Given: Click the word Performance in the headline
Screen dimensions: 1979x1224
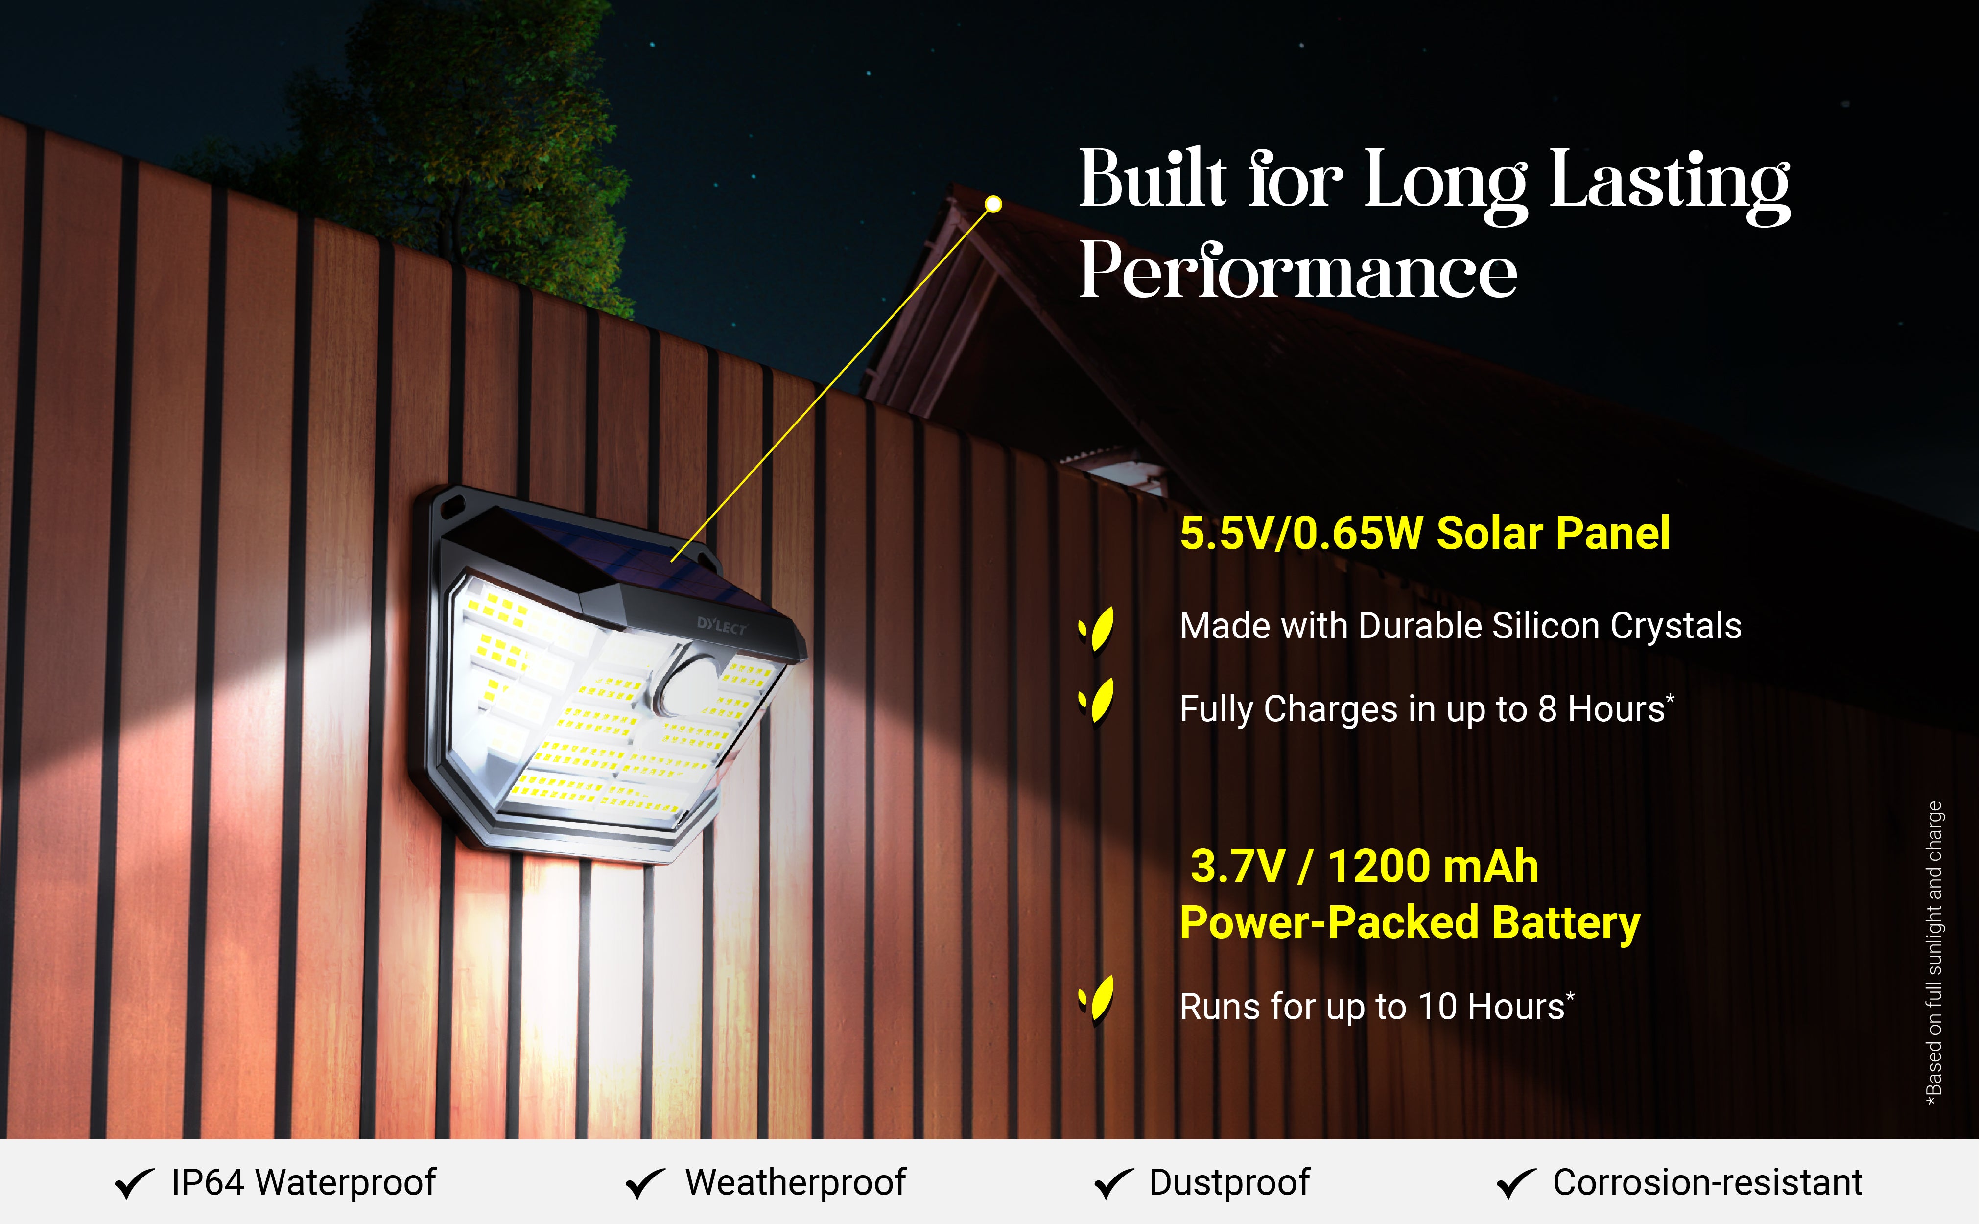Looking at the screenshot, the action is [x=1298, y=270].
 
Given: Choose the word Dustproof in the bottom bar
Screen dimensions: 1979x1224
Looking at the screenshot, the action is [x=1229, y=1183].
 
